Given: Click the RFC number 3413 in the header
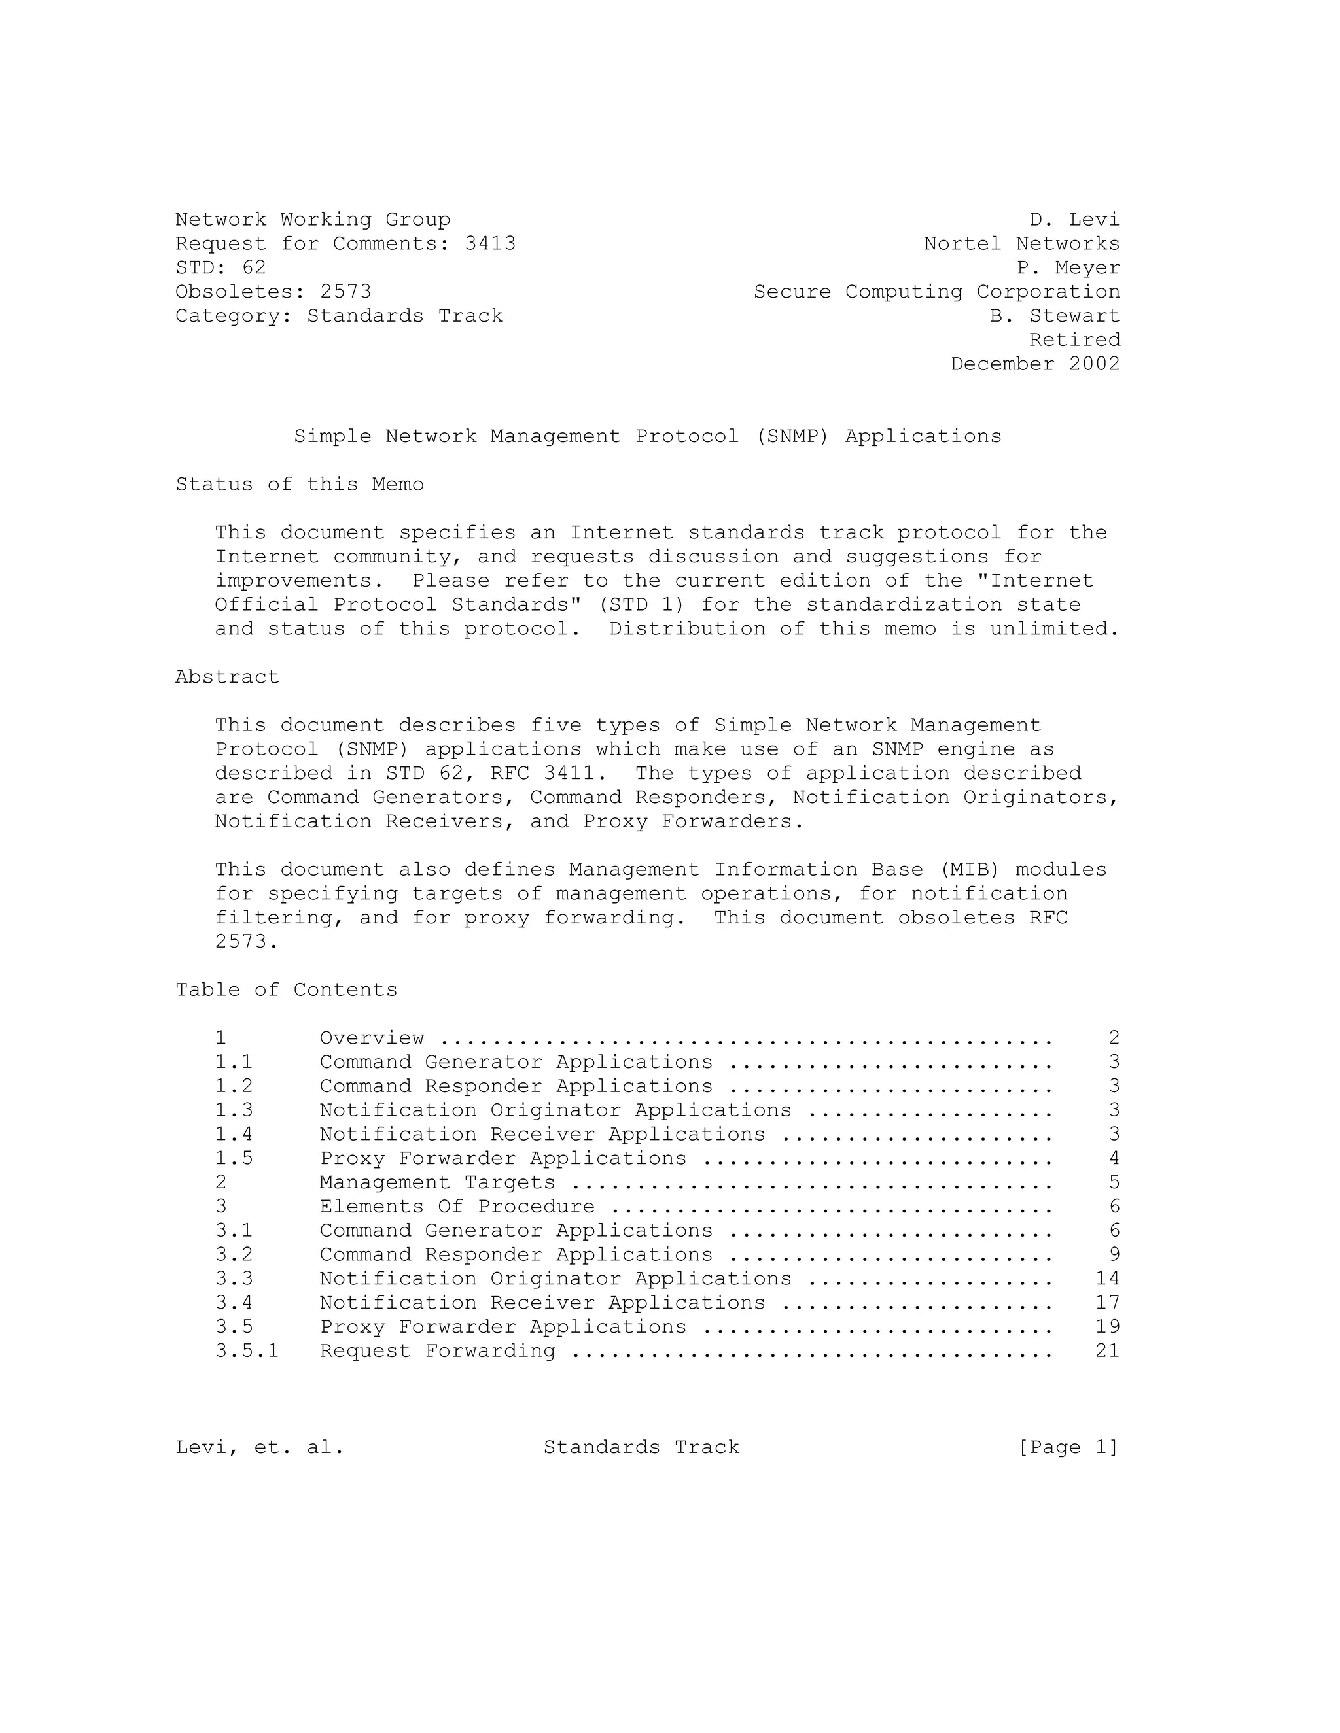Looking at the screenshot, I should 490,244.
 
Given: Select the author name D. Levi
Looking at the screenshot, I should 1074,220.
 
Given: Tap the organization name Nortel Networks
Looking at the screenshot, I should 1021,244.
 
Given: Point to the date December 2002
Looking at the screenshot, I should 1035,364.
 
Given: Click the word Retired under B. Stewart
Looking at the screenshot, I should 1075,341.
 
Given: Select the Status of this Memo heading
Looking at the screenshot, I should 299,485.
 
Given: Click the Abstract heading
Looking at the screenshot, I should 227,678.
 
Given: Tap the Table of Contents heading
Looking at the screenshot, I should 286,990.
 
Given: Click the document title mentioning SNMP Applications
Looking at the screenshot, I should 647,436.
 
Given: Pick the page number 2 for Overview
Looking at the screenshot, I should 1114,1038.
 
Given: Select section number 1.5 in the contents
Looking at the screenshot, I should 234,1159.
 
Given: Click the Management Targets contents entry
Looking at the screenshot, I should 436,1182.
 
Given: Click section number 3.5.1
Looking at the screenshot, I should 247,1351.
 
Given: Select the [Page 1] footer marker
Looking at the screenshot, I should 1068,1447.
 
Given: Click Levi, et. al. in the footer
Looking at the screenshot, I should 260,1447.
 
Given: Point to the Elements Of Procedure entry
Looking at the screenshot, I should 457,1207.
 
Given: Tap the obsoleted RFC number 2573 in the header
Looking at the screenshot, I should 345,292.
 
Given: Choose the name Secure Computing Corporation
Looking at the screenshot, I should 937,292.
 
